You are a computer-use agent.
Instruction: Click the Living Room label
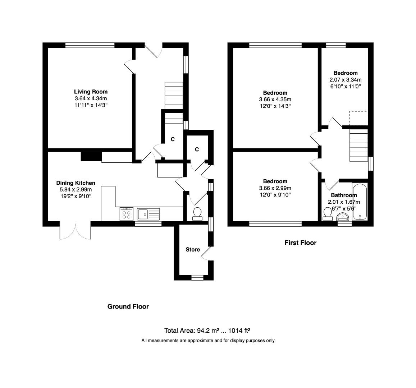[x=91, y=92]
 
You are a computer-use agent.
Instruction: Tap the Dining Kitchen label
[x=76, y=183]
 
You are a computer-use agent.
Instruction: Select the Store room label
[x=193, y=249]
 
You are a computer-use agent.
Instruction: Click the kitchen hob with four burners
[x=127, y=214]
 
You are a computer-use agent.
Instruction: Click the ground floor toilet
[x=197, y=214]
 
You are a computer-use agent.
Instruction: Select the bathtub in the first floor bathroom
[x=360, y=202]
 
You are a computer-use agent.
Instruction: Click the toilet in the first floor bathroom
[x=327, y=214]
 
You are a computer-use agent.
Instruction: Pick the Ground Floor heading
[x=128, y=306]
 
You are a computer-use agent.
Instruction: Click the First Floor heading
[x=300, y=243]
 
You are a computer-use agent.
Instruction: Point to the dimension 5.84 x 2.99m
[x=76, y=190]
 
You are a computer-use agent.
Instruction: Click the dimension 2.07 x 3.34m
[x=345, y=80]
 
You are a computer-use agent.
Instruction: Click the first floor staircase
[x=359, y=145]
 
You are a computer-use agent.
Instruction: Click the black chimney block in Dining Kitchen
[x=91, y=157]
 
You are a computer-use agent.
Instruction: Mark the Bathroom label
[x=344, y=195]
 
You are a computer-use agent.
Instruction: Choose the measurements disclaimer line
[x=208, y=341]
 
